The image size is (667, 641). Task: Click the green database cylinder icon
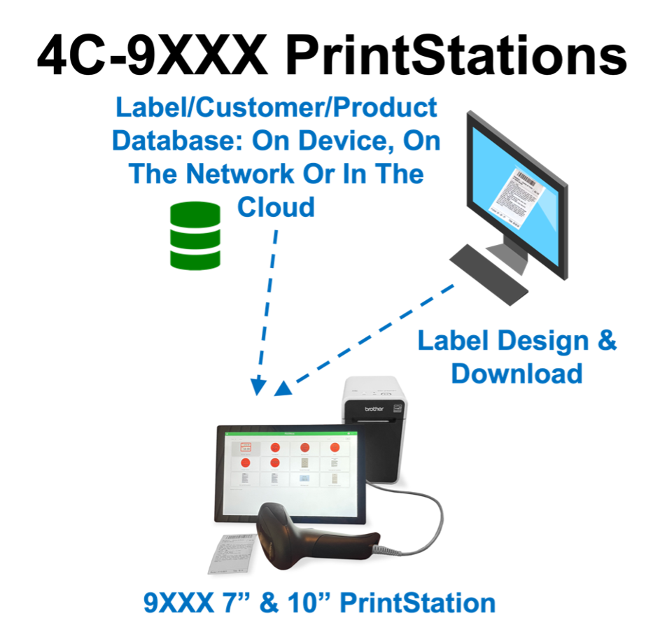195,236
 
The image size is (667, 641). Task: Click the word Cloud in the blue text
276,206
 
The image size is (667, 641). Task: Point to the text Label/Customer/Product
276,108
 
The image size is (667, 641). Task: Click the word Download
517,373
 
